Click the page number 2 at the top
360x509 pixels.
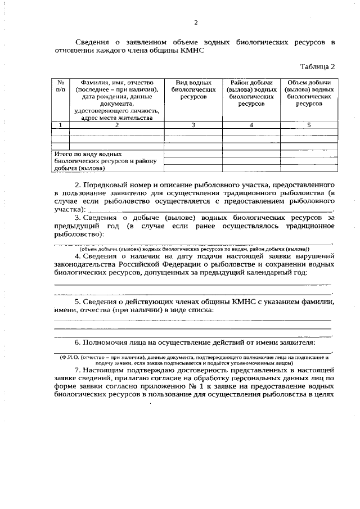point(196,22)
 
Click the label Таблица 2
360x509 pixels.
point(317,66)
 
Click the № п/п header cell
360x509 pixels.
point(60,85)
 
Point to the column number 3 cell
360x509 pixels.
point(193,125)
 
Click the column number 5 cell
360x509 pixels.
point(309,125)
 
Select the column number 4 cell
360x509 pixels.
point(251,125)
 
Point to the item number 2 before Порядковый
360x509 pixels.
point(77,184)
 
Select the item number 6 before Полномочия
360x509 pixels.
point(77,343)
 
